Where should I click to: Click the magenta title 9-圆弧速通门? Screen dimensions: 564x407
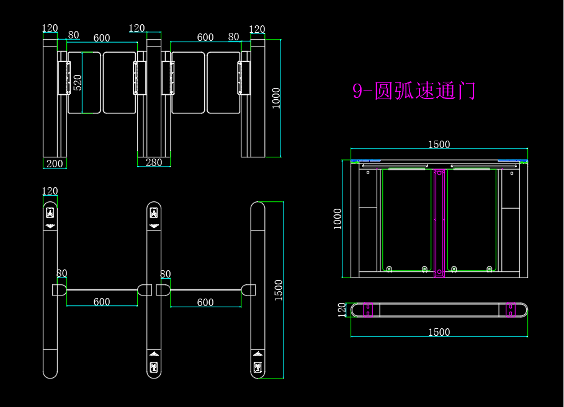[414, 90]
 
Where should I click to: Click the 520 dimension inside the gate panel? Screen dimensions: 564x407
[78, 82]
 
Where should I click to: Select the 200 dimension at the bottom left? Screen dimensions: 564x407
[55, 164]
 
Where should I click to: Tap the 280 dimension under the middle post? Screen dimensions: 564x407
[154, 162]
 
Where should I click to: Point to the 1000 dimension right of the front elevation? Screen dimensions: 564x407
[276, 98]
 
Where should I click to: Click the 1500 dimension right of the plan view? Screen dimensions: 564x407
[279, 291]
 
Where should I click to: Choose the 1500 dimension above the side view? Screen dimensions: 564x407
[439, 144]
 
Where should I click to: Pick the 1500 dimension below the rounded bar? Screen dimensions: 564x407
[439, 332]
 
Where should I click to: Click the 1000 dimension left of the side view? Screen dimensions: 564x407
[338, 219]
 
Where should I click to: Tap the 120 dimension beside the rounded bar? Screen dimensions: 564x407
[342, 310]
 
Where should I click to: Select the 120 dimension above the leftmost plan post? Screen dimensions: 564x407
[50, 191]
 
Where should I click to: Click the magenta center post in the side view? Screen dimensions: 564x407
[439, 223]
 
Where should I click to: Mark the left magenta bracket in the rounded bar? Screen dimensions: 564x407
[367, 310]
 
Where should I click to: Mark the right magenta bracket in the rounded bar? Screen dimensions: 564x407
[511, 310]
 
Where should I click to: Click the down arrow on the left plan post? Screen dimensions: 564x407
[50, 226]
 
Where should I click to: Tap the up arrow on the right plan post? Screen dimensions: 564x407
[257, 354]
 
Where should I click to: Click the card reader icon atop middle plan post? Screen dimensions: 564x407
[154, 213]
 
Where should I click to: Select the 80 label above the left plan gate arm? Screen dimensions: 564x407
[61, 273]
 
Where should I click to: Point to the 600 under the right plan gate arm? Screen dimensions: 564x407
[205, 302]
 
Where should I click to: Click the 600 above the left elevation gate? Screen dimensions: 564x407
[102, 38]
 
